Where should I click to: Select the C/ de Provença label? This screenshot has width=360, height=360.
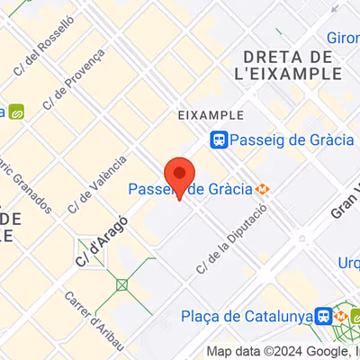[x=72, y=87]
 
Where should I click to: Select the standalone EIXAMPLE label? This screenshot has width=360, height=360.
[x=211, y=115]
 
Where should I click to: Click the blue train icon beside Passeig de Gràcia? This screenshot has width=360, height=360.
[x=219, y=139]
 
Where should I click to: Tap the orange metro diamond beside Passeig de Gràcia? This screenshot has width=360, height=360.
[x=262, y=190]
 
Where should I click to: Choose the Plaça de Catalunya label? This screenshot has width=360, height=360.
[x=245, y=316]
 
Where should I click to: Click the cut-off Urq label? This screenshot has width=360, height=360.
[x=347, y=263]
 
